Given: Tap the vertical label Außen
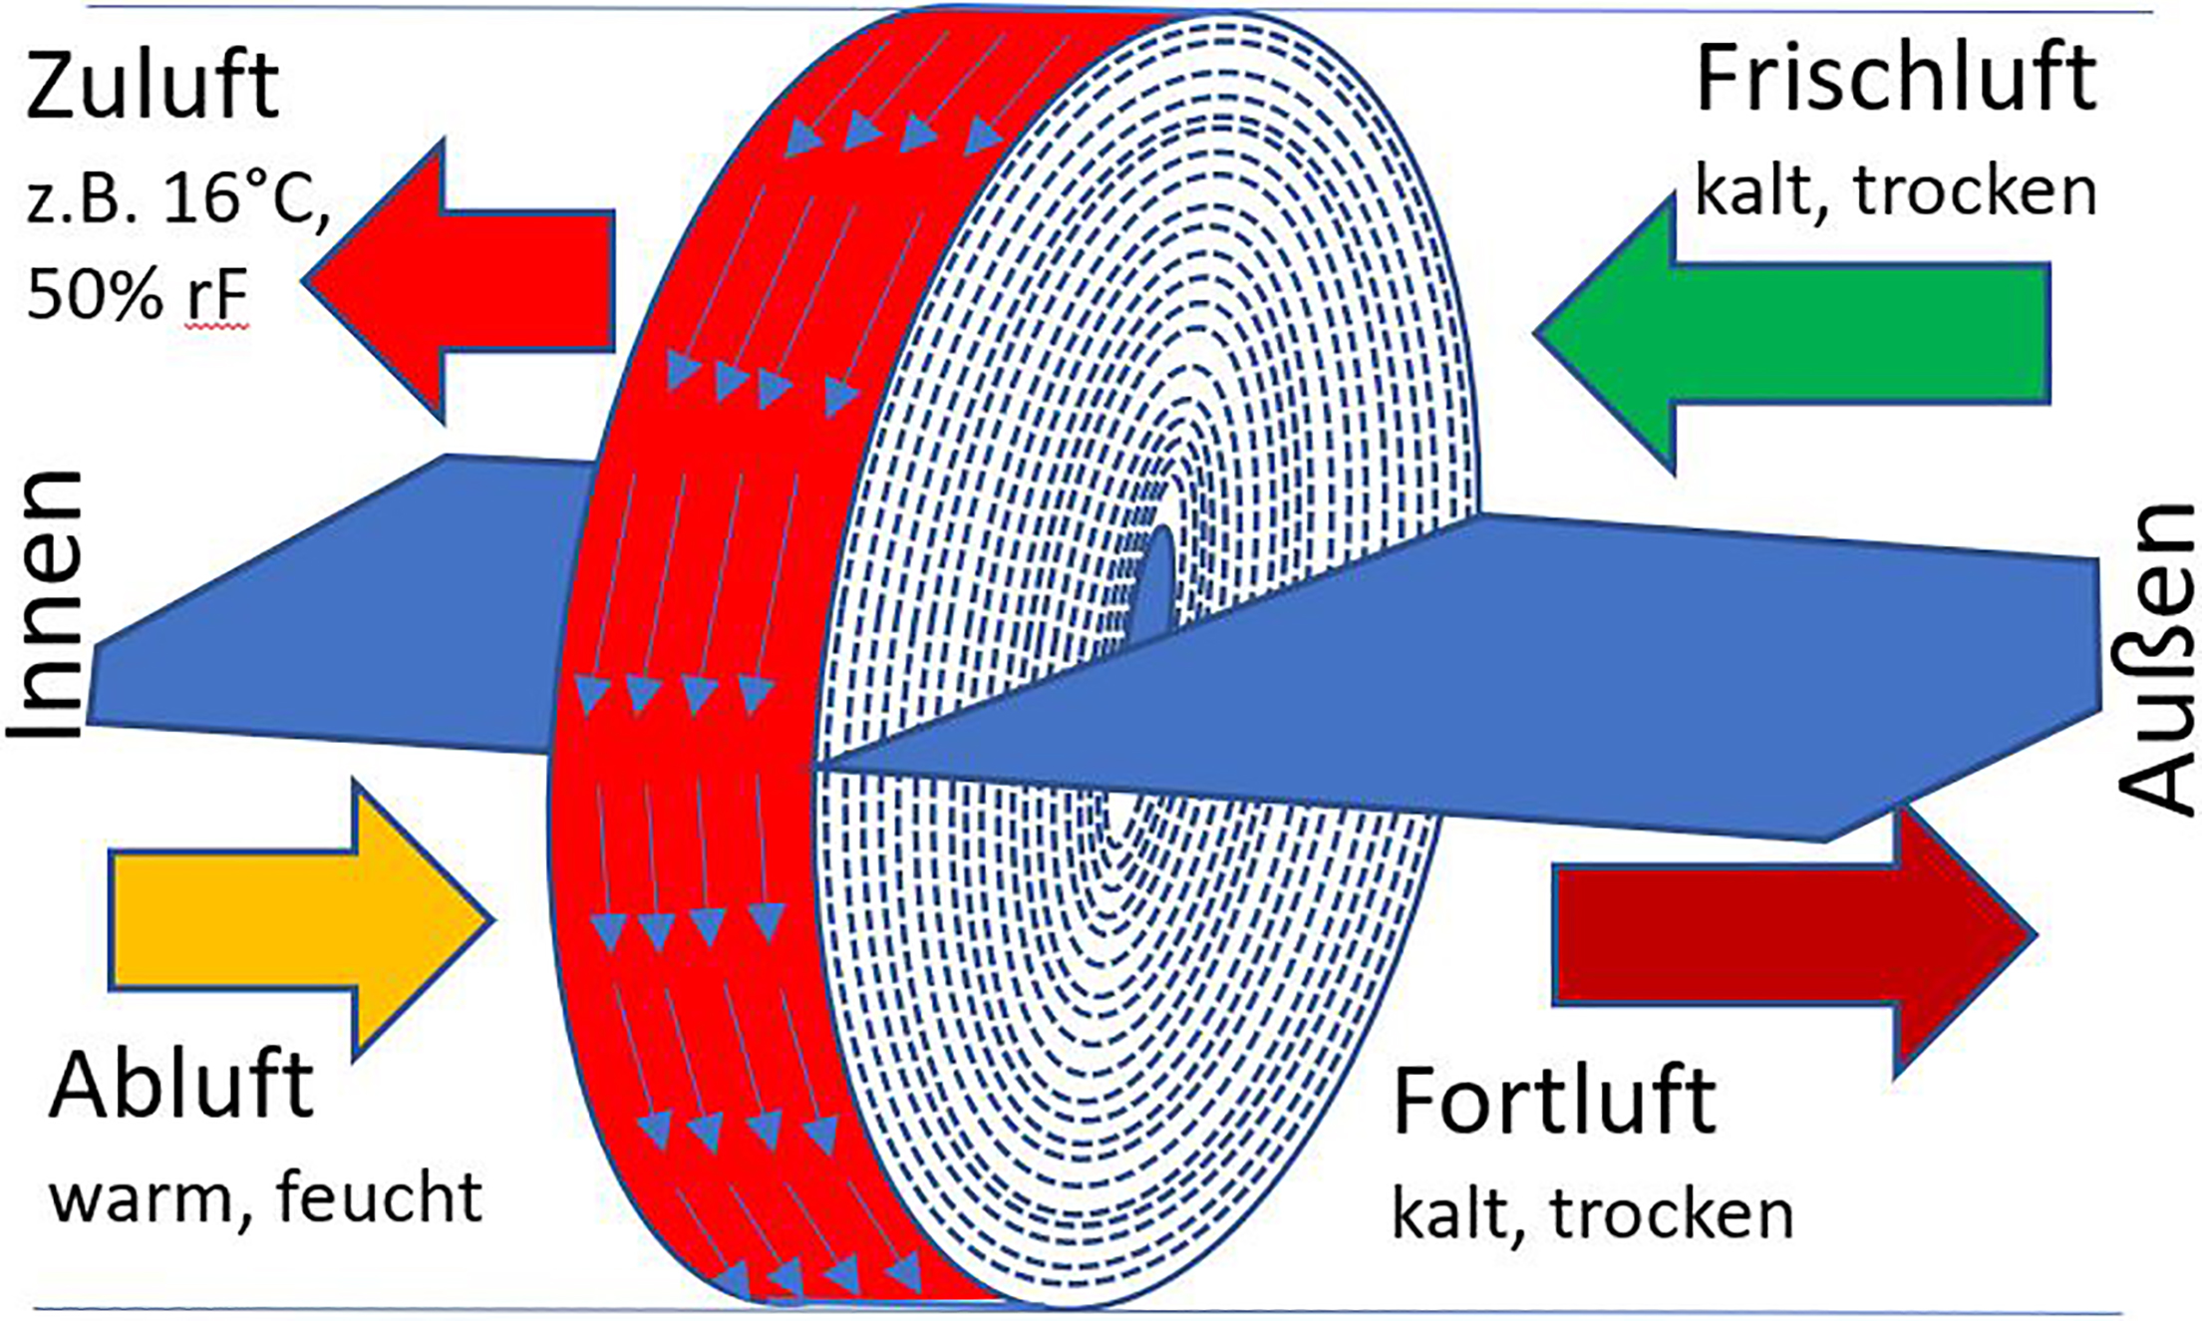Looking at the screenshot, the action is [x=2156, y=658].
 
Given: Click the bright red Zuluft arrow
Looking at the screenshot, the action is [x=459, y=281].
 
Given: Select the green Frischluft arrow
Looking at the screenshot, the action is [x=1791, y=333].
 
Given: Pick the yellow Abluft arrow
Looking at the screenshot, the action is [x=301, y=918].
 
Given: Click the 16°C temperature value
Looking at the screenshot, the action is [x=246, y=200].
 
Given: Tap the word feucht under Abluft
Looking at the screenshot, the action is [x=380, y=1194].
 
